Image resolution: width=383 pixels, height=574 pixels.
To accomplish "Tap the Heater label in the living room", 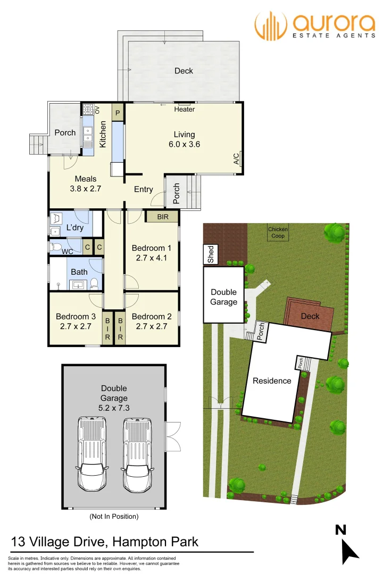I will (x=185, y=109).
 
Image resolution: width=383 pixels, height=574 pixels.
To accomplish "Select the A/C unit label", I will (x=236, y=159).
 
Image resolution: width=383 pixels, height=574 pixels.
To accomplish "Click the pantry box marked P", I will (x=118, y=113).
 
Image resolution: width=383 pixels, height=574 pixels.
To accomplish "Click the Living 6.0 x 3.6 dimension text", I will (x=184, y=144).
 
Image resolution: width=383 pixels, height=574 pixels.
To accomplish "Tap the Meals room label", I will (x=85, y=179).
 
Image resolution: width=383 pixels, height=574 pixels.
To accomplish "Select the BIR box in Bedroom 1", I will (x=163, y=217).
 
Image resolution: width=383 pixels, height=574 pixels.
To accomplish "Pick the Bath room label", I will (x=79, y=272).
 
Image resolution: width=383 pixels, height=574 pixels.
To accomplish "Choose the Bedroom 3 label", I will (x=76, y=317).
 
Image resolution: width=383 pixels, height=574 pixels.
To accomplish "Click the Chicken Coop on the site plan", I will (x=278, y=233).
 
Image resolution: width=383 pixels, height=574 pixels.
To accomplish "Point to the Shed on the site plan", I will (x=211, y=255).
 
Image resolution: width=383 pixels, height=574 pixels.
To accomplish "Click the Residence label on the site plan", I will (x=272, y=381).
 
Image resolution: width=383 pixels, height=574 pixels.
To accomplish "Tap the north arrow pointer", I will (x=351, y=552).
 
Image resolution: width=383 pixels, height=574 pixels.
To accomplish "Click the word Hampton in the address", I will (x=140, y=542).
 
